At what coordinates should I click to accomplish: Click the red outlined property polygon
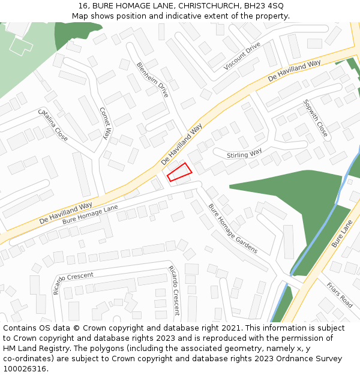point(179,172)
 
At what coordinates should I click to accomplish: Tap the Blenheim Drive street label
point(152,80)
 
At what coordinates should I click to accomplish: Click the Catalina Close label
point(53,125)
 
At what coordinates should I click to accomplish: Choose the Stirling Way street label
point(244,154)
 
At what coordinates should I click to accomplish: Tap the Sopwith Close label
point(316,118)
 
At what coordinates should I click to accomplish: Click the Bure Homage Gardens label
point(233,228)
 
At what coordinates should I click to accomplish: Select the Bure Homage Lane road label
point(90,214)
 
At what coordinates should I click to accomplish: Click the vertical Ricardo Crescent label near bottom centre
point(174,290)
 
